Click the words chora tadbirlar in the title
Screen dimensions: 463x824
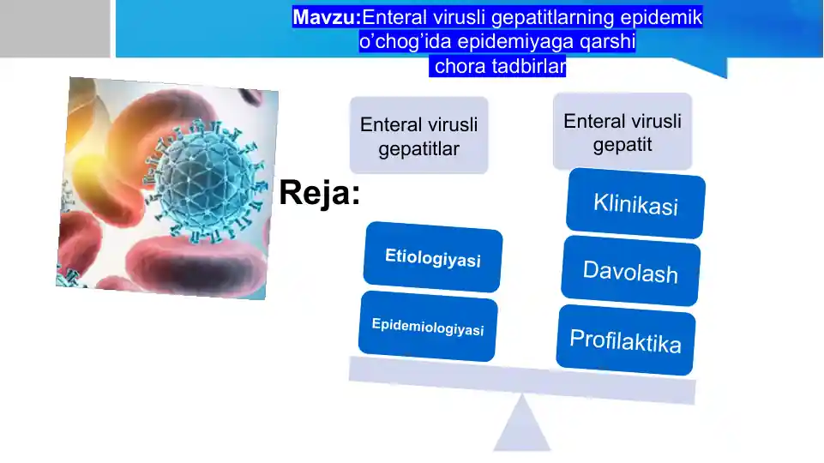coord(501,66)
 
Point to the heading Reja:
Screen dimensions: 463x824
coord(319,194)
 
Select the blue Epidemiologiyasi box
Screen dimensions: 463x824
coord(428,327)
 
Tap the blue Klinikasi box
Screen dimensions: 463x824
coord(635,205)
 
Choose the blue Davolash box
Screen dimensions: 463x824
coord(630,272)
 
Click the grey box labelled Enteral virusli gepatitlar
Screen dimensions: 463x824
coord(418,135)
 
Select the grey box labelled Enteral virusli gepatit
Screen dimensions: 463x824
coord(623,131)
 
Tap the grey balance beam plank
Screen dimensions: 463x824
coord(521,379)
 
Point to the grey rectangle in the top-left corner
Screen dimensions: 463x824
coord(55,28)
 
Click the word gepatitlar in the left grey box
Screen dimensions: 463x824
coord(419,149)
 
